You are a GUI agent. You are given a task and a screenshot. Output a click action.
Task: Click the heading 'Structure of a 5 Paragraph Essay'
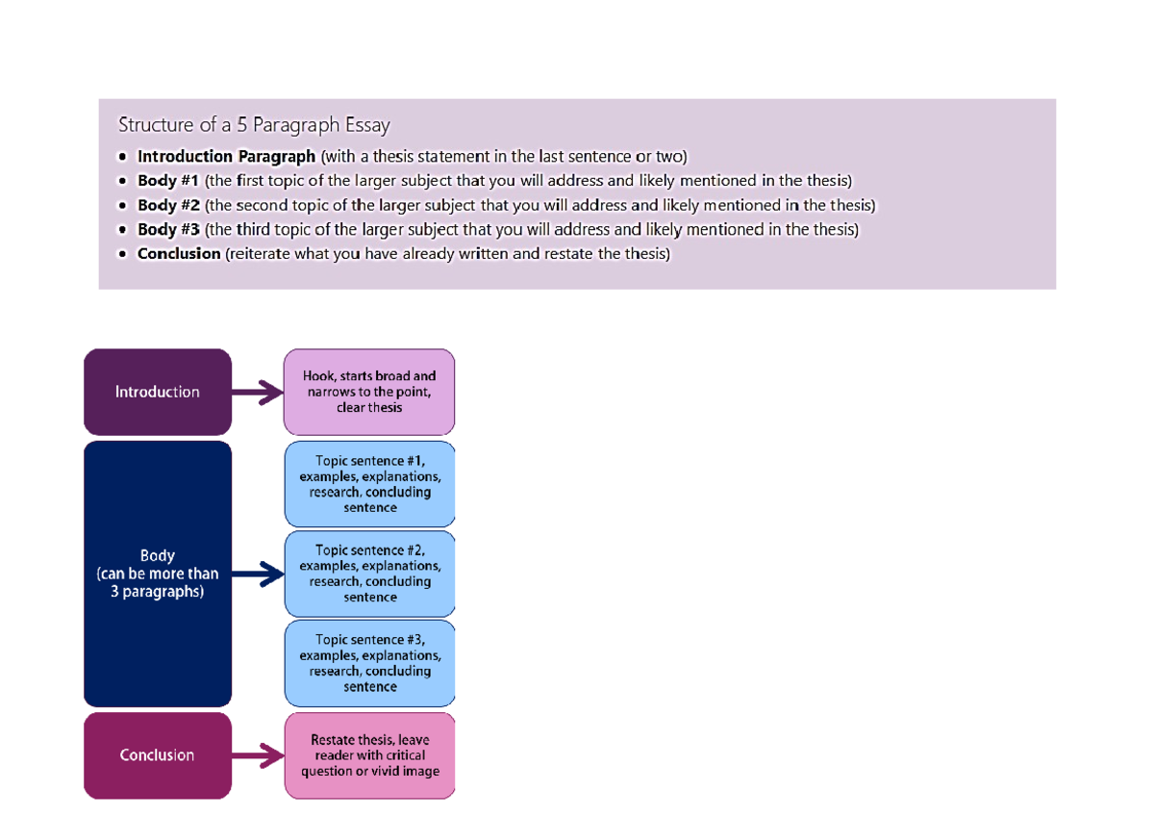[x=254, y=125]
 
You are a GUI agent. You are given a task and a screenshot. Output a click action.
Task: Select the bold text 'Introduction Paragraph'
[x=226, y=157]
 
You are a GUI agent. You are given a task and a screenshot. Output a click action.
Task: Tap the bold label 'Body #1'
[x=168, y=181]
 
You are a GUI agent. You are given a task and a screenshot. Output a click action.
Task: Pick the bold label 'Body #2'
[x=168, y=205]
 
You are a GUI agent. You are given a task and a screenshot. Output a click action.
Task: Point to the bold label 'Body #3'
[x=168, y=230]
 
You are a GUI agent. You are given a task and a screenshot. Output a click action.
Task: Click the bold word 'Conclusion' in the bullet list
[x=179, y=254]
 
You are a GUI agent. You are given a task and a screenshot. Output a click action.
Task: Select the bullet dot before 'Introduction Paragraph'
[x=121, y=157]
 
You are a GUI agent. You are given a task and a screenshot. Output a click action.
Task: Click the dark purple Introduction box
[x=158, y=392]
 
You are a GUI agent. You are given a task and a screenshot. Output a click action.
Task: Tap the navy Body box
[x=158, y=574]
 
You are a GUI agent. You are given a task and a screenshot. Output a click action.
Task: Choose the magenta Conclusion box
[x=158, y=755]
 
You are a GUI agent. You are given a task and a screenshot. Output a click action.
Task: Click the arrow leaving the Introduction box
[x=258, y=392]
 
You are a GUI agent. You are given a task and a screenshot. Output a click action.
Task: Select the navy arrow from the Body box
[x=258, y=574]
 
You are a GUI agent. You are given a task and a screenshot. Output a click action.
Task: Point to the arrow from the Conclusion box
[x=258, y=755]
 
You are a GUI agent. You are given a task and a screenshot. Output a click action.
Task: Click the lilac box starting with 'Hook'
[x=369, y=392]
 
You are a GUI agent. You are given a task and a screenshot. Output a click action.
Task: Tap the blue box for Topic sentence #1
[x=369, y=484]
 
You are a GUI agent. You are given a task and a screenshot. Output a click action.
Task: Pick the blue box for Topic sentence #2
[x=369, y=574]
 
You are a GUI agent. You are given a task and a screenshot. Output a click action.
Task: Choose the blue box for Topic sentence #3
[x=369, y=663]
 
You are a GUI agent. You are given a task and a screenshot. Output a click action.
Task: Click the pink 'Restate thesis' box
[x=369, y=755]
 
